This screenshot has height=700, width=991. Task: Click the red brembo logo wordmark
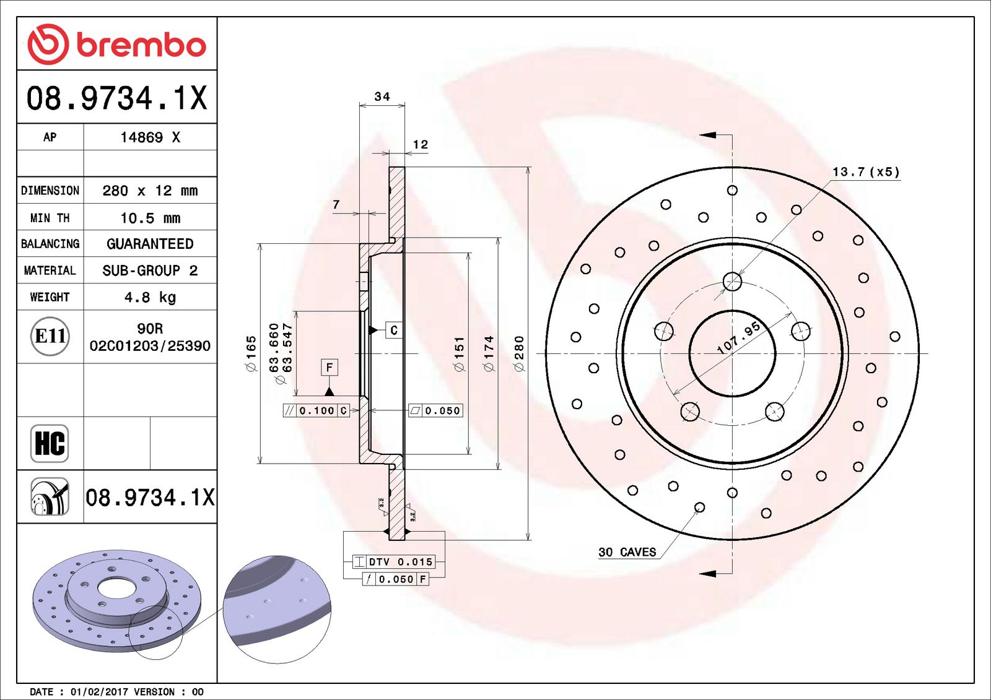pyautogui.click(x=141, y=45)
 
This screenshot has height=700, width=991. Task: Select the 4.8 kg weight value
pyautogui.click(x=150, y=297)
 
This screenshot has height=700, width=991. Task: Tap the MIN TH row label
pyautogui.click(x=50, y=218)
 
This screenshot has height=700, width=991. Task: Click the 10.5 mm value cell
pyautogui.click(x=150, y=218)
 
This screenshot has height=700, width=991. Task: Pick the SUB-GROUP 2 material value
pyautogui.click(x=150, y=270)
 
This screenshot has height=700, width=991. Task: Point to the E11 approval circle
pyautogui.click(x=50, y=336)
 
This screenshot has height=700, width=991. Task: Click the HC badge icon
pyautogui.click(x=50, y=443)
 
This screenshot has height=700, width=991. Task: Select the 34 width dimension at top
pyautogui.click(x=382, y=97)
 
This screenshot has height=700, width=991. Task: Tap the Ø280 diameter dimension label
pyautogui.click(x=519, y=353)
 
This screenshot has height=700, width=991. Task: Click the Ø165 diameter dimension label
pyautogui.click(x=251, y=353)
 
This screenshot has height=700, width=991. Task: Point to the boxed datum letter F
pyautogui.click(x=329, y=368)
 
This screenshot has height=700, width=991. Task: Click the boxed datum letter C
pyautogui.click(x=394, y=331)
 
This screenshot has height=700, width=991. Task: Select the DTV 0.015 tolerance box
pyautogui.click(x=394, y=562)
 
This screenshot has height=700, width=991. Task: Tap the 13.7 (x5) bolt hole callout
pyautogui.click(x=865, y=171)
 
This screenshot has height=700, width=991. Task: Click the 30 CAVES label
pyautogui.click(x=627, y=552)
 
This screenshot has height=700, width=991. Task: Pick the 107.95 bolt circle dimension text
pyautogui.click(x=738, y=338)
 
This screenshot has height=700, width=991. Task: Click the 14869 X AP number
pyautogui.click(x=150, y=137)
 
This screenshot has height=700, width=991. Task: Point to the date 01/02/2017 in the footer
pyautogui.click(x=97, y=692)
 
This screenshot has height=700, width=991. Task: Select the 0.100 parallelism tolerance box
pyautogui.click(x=317, y=410)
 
